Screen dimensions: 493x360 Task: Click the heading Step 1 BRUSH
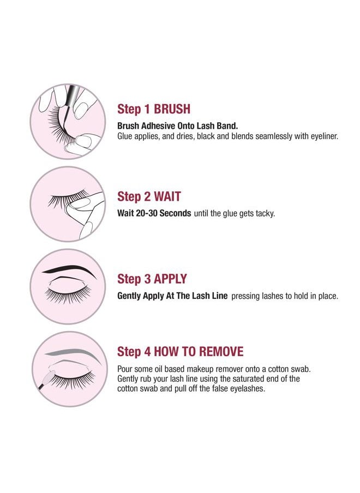tap(153, 109)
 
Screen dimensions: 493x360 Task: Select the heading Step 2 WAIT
tap(149, 196)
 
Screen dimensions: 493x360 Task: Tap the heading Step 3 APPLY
tap(152, 279)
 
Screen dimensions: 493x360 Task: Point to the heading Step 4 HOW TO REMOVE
tap(180, 351)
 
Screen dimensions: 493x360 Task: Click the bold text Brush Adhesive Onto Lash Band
tap(177, 125)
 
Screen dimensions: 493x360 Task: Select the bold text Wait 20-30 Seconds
tap(154, 213)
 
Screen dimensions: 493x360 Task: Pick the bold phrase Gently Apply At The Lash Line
tap(172, 296)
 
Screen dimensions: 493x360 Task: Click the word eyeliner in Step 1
tap(323, 136)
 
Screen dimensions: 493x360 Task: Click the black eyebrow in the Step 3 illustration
tap(67, 269)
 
